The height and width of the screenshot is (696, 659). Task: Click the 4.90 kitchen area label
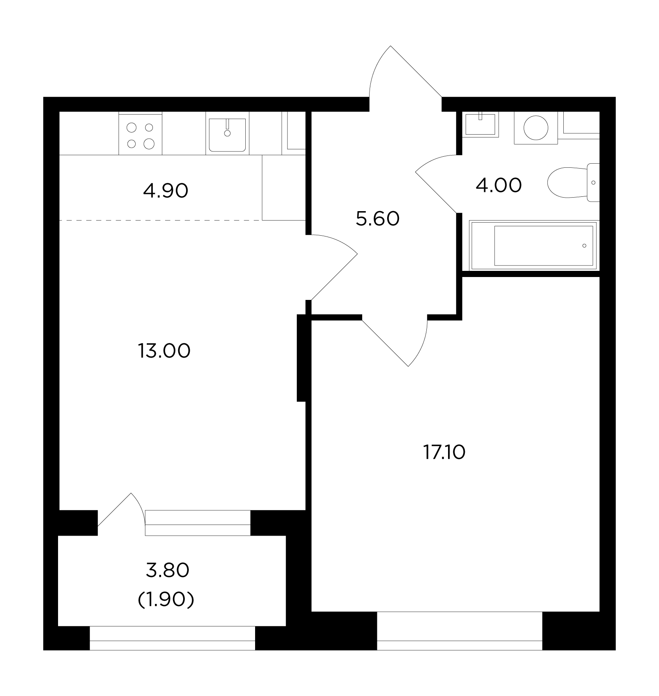[x=166, y=191]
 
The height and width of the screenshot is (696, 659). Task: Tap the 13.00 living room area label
[x=164, y=351]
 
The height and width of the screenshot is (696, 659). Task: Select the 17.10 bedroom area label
[x=444, y=453]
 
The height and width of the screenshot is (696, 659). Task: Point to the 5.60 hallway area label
[x=378, y=219]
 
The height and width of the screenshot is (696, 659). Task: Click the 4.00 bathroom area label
[x=499, y=185]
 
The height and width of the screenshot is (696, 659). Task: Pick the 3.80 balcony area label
[x=168, y=570]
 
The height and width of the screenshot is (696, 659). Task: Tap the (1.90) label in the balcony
[x=166, y=600]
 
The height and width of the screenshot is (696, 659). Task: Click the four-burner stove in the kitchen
[x=140, y=133]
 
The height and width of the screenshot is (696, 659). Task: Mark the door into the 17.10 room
[x=395, y=342]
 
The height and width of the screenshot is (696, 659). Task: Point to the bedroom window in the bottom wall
[x=460, y=631]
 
